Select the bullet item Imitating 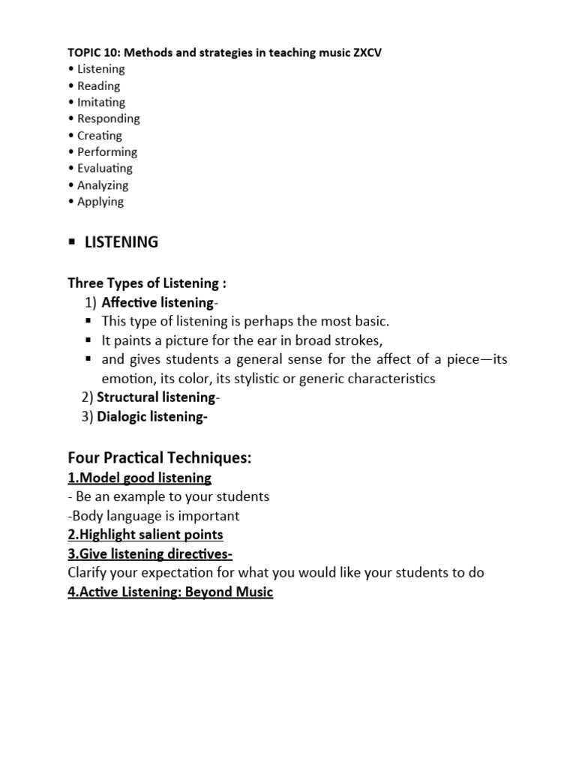tap(101, 102)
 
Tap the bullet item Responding tap(109, 118)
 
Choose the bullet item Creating tap(100, 136)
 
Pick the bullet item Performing tap(107, 152)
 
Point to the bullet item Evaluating tap(105, 169)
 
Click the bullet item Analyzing tap(103, 185)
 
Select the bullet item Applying tap(100, 202)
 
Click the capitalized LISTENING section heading tap(121, 242)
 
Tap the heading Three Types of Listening tap(147, 283)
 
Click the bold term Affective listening tap(158, 303)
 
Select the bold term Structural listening tap(157, 397)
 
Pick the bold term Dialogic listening tap(151, 418)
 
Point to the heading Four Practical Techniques tap(160, 457)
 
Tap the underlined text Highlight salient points tap(145, 535)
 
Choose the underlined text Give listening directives tap(150, 554)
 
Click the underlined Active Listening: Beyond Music tap(170, 592)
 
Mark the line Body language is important tap(154, 516)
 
